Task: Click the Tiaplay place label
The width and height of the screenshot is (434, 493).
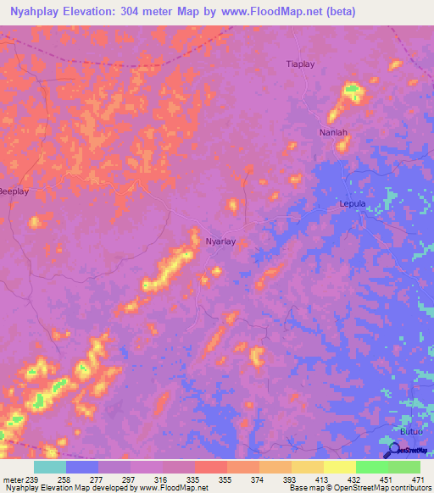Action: pos(300,64)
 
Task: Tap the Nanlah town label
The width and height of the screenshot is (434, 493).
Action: pos(333,133)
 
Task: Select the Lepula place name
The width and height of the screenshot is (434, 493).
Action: pos(352,204)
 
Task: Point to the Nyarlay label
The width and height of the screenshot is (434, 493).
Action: pos(220,241)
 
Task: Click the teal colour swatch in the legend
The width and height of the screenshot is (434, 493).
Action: pos(49,467)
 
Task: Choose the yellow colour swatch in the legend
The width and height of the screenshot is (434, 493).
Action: pos(339,467)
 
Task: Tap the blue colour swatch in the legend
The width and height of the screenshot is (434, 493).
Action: pos(81,467)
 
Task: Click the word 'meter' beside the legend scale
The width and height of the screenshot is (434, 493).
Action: pos(11,479)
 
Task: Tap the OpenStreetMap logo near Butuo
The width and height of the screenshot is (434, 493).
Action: pos(403,450)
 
